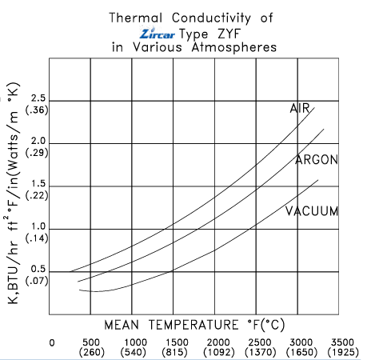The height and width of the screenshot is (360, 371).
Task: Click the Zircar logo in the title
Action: pos(158,34)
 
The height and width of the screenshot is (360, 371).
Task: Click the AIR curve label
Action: pos(300,108)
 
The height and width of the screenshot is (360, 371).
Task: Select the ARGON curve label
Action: pos(317,160)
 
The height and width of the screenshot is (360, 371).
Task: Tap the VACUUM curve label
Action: pos(312,211)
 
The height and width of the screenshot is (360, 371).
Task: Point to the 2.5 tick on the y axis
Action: pos(38,98)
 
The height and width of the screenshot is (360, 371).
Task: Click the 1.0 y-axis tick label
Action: pos(38,226)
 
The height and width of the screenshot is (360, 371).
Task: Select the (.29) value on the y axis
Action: pos(37,153)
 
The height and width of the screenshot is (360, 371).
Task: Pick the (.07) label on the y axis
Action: pos(37,281)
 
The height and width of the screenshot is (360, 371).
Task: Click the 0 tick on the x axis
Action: pos(52,342)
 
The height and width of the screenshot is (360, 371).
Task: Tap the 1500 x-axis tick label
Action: pos(177,342)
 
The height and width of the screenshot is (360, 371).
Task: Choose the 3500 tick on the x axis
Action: pos(342,342)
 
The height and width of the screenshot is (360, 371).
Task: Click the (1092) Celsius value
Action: pos(219,352)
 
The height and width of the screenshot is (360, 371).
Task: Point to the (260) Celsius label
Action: pos(92,352)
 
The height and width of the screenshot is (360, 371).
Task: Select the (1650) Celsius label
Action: pos(301,352)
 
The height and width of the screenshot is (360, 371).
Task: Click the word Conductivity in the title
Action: pos(211,18)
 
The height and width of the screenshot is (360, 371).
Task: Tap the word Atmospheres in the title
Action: pos(234,47)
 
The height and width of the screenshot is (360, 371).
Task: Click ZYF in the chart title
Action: pos(229,34)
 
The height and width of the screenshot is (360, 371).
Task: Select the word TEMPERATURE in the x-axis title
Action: pos(193,325)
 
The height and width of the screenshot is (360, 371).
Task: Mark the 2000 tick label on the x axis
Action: pos(218,342)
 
